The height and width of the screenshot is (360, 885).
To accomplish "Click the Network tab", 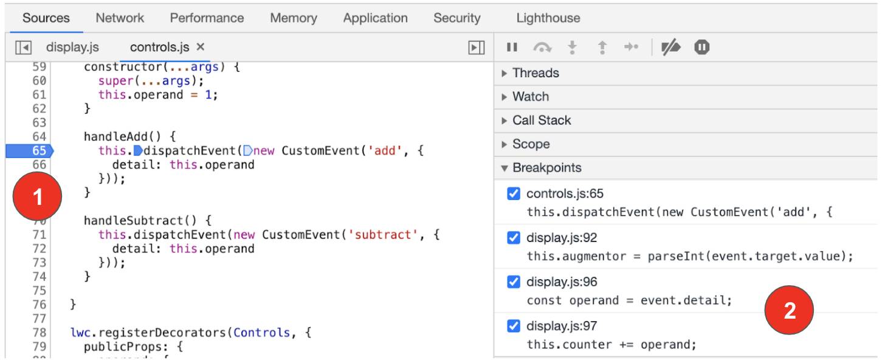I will click(120, 18).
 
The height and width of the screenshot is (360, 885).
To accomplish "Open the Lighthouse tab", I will click(548, 18).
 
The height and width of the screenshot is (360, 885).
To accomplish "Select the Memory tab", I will click(294, 18).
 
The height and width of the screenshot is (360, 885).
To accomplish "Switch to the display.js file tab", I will click(72, 47).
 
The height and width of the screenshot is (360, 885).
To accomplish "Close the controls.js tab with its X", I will click(201, 47).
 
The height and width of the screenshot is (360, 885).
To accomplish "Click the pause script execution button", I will click(512, 47).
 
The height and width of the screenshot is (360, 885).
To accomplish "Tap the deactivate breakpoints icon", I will click(671, 47).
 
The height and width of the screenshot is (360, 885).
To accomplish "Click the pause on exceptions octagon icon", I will click(701, 47).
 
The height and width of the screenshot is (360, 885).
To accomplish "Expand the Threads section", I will click(535, 73).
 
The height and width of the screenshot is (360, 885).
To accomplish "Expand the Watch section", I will click(530, 97).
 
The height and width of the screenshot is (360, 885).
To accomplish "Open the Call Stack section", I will click(541, 120).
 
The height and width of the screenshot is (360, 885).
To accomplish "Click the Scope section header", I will click(531, 144).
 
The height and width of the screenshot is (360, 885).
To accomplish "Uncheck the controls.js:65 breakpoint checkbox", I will click(514, 194).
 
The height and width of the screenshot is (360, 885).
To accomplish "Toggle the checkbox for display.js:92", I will click(514, 238).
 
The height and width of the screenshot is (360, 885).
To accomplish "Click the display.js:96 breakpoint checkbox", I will click(514, 282).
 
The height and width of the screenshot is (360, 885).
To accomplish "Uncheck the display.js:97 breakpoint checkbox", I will click(514, 326).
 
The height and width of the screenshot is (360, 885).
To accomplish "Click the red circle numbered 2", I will click(790, 311).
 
